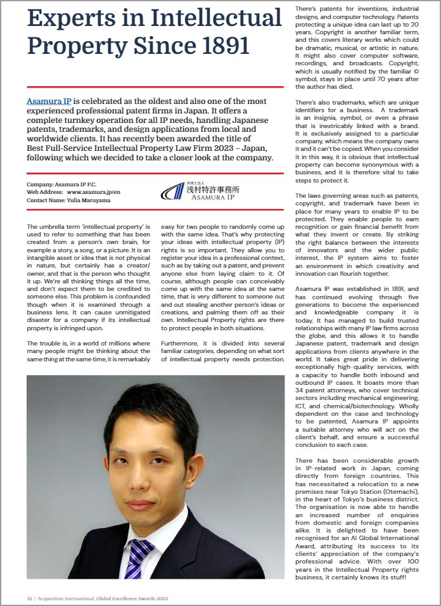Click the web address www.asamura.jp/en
[x=93, y=191]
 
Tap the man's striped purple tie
[x=138, y=557]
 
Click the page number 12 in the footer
[x=29, y=597]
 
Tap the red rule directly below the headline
[x=155, y=87]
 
